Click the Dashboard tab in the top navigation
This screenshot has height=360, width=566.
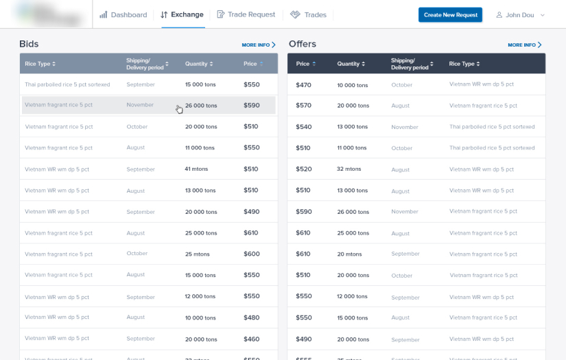click(x=123, y=14)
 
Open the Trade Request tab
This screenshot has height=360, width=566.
click(x=246, y=14)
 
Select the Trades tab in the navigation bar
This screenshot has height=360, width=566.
click(x=308, y=14)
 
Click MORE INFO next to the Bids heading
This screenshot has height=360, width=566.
click(x=259, y=45)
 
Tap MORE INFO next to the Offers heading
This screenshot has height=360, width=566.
click(x=525, y=45)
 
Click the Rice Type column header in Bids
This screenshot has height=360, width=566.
click(x=40, y=64)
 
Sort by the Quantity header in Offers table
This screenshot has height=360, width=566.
click(x=351, y=64)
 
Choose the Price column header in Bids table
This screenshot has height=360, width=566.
click(x=252, y=64)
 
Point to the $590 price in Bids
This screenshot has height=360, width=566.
click(x=252, y=106)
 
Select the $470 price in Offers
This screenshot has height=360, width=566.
click(x=303, y=85)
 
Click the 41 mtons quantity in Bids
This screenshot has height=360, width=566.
click(x=196, y=169)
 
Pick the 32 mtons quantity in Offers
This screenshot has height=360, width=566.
click(x=349, y=169)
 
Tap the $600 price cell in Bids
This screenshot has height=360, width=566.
click(x=252, y=254)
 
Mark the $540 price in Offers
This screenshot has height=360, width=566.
click(x=303, y=127)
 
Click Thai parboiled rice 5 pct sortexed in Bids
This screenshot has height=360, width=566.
click(x=67, y=84)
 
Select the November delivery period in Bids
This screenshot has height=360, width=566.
click(x=140, y=105)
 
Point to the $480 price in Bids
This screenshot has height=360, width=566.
click(x=252, y=317)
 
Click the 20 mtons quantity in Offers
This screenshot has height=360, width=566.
click(x=349, y=254)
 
